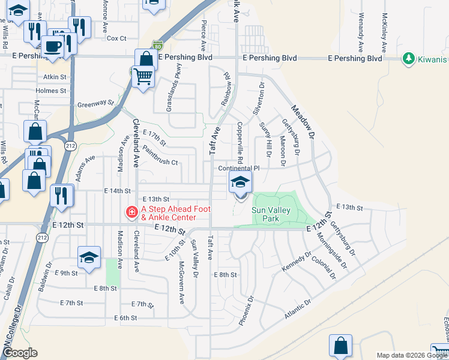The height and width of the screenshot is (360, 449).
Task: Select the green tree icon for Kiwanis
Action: click(409, 58)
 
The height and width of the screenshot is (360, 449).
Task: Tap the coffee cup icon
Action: click(53, 46)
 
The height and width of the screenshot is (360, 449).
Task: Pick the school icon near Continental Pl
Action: click(240, 183)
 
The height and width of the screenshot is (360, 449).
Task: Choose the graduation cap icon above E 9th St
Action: click(89, 257)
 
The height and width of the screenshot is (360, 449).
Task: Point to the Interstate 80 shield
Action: click(157, 44)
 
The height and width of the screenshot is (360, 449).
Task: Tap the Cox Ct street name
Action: click(116, 38)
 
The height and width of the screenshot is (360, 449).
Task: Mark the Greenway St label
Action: click(95, 104)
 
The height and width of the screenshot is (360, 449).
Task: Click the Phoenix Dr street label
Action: click(246, 310)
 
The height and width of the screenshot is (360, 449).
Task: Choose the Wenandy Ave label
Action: click(361, 31)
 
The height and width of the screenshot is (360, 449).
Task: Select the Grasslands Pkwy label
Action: click(178, 80)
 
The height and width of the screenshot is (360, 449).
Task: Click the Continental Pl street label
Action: click(238, 169)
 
